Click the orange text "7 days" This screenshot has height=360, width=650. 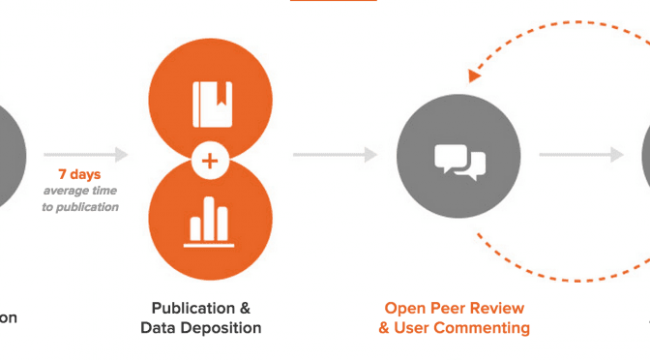(78, 174)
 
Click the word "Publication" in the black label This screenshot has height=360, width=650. (192, 309)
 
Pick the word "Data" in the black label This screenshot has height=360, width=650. (159, 328)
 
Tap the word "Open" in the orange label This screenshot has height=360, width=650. (406, 309)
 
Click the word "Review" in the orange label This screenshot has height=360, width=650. (499, 309)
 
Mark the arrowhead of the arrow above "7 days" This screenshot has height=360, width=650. (121, 154)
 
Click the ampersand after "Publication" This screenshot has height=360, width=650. (244, 309)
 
